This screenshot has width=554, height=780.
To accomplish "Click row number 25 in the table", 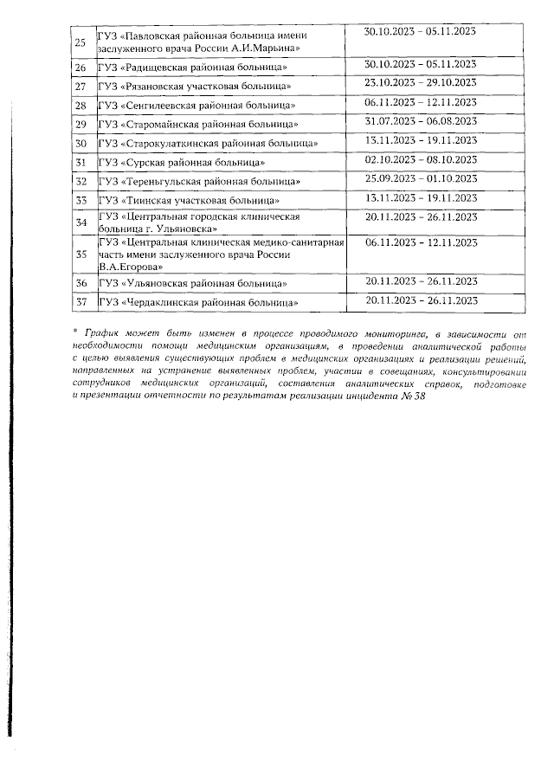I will pyautogui.click(x=81, y=42).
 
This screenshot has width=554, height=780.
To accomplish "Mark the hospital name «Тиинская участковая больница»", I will pyautogui.click(x=191, y=201).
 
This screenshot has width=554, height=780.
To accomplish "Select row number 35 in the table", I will pyautogui.click(x=81, y=255).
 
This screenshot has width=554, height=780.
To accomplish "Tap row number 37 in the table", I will pyautogui.click(x=81, y=302).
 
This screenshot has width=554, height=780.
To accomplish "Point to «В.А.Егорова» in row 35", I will pyautogui.click(x=130, y=267).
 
